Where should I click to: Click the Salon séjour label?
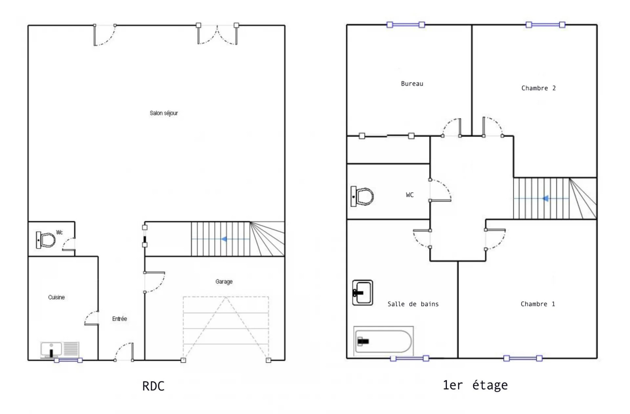[x=164, y=113]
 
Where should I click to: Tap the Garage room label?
[x=224, y=282]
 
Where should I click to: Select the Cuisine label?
[x=56, y=297]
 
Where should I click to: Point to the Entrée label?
[x=120, y=319]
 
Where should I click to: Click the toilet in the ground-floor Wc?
[x=46, y=240]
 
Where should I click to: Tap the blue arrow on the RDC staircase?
[x=224, y=239]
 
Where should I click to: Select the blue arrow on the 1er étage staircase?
[x=545, y=199]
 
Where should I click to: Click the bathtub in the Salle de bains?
[x=384, y=341]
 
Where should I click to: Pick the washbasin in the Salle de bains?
[x=363, y=293]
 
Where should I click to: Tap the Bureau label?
[x=412, y=84]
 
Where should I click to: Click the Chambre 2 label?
[x=538, y=88]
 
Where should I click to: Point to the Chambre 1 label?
[x=538, y=304]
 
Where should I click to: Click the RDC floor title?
[x=153, y=386]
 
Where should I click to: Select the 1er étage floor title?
[x=475, y=385]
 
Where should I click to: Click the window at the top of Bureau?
[x=406, y=25]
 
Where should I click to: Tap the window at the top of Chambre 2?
[x=545, y=25]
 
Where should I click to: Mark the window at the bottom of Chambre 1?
[x=523, y=358]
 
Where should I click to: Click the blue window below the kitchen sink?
[x=69, y=360]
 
